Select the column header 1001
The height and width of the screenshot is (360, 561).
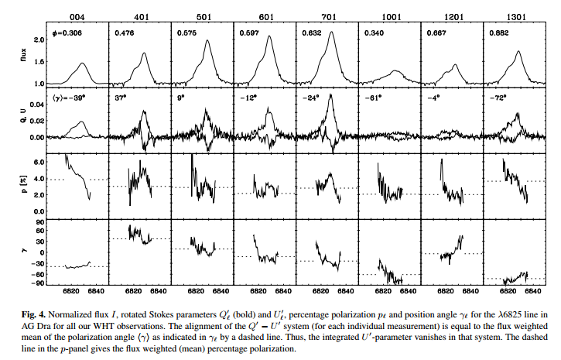[389, 15]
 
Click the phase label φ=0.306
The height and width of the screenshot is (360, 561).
[67, 33]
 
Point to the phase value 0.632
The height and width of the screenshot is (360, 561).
[312, 33]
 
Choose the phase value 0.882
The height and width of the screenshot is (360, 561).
[498, 33]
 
